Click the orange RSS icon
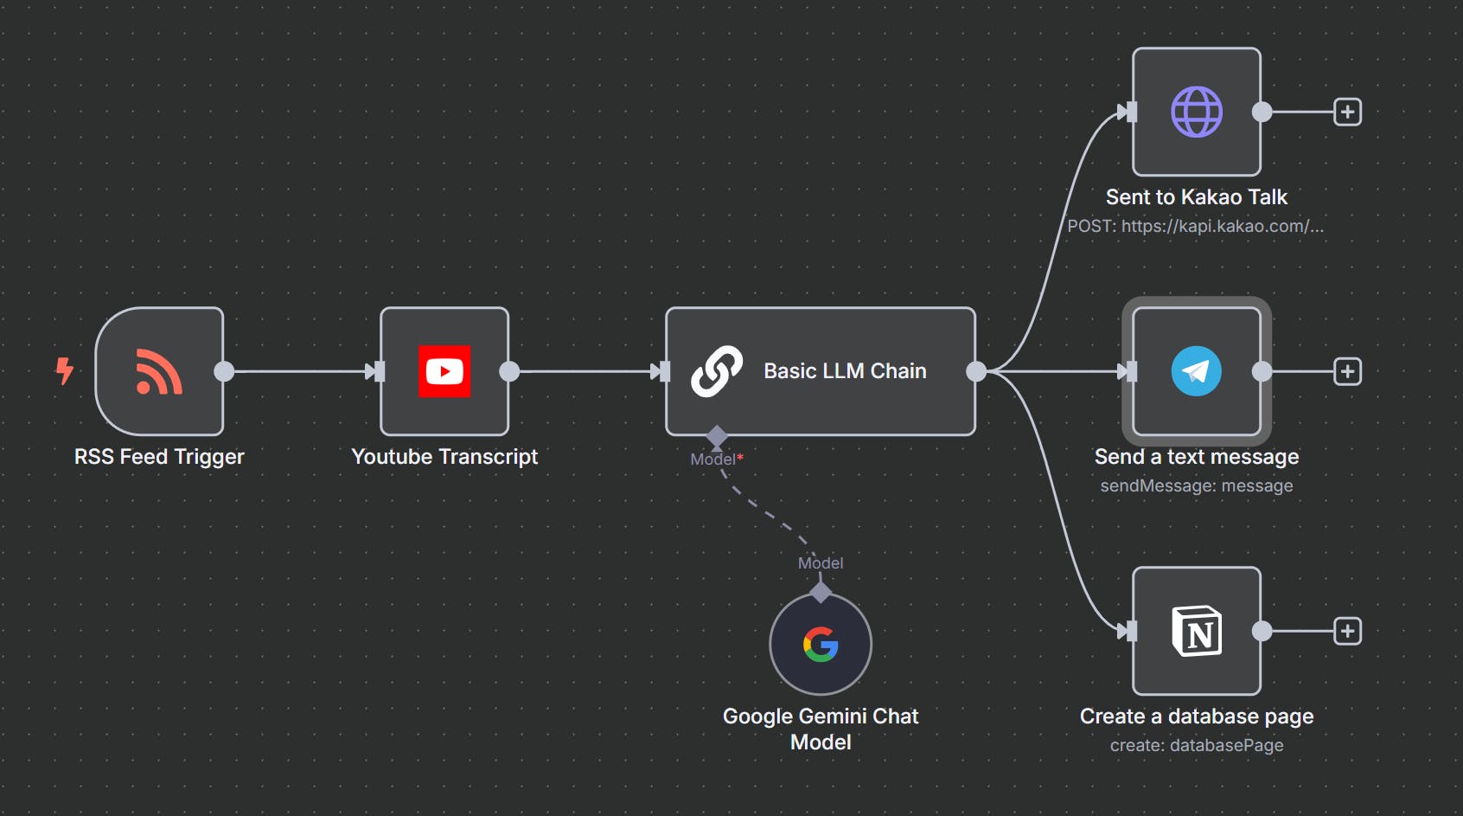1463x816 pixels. pos(159,371)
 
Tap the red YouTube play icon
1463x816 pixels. pos(444,371)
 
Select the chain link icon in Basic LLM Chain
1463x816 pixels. pos(717,371)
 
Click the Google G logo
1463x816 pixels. pos(821,644)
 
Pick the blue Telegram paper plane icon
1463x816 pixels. pos(1196,371)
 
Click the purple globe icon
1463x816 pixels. pos(1196,112)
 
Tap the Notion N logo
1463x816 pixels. pos(1196,631)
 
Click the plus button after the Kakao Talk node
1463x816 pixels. pos(1347,112)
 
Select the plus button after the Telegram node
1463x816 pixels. pos(1347,371)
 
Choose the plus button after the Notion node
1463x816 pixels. pos(1347,631)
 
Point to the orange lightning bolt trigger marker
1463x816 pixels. pos(64,370)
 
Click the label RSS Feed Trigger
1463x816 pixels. pos(159,457)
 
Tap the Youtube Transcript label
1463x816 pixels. pos(444,457)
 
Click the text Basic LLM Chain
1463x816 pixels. pos(845,371)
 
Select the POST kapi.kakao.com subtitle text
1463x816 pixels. pos(1195,227)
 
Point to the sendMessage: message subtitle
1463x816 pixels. pos(1196,486)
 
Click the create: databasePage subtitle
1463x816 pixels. pos(1196,746)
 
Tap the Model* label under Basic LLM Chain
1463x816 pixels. pos(716,459)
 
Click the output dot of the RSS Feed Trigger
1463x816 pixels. pos(224,371)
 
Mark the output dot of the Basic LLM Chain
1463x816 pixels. pos(976,371)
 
